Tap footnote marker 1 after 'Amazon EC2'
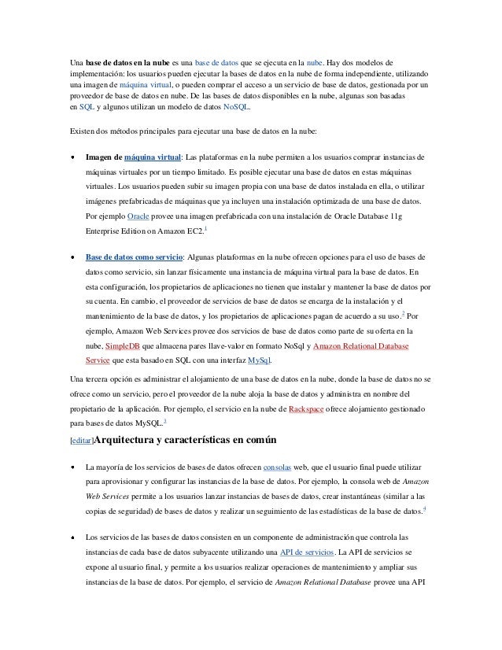[x=205, y=227]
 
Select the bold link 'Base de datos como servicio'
[x=134, y=257]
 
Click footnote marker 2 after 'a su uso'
[x=404, y=313]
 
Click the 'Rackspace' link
[x=310, y=410]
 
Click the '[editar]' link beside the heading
[x=82, y=441]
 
